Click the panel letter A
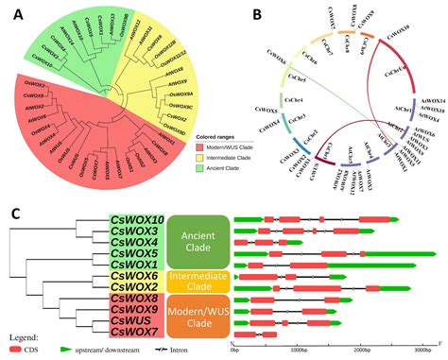(x=13, y=13)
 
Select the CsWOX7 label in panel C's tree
(x=141, y=332)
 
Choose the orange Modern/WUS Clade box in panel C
(x=198, y=315)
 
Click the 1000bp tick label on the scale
(x=301, y=348)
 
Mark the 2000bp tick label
(x=365, y=348)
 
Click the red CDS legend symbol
(x=16, y=351)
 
